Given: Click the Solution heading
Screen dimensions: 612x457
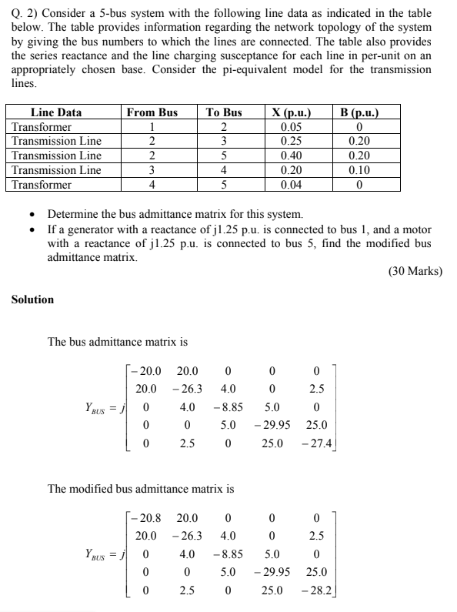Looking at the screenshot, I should click(32, 299).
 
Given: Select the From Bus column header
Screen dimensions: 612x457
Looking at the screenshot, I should click(152, 112).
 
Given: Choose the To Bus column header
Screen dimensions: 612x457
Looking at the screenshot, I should click(224, 112).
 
